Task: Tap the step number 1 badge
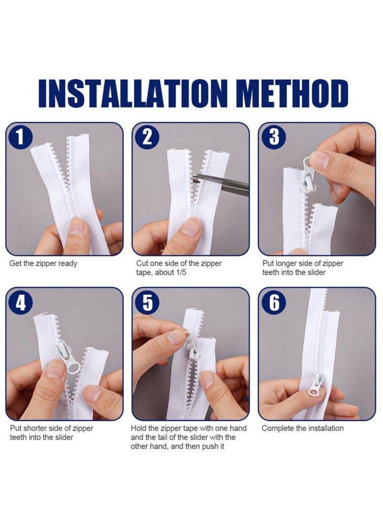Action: (x=20, y=137)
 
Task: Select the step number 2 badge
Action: (x=147, y=137)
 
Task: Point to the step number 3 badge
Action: (x=273, y=137)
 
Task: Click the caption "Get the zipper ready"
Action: (x=43, y=264)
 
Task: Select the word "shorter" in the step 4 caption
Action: (x=35, y=428)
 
